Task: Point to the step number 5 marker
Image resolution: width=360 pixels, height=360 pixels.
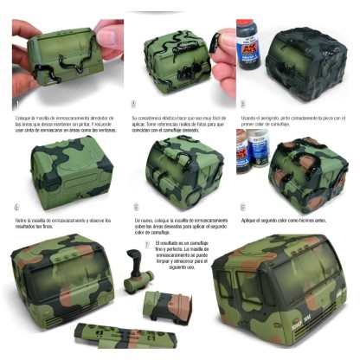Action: point(136,208)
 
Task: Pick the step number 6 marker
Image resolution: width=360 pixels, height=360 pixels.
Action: point(243,208)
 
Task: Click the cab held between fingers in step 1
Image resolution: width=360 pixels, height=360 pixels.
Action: point(65,56)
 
